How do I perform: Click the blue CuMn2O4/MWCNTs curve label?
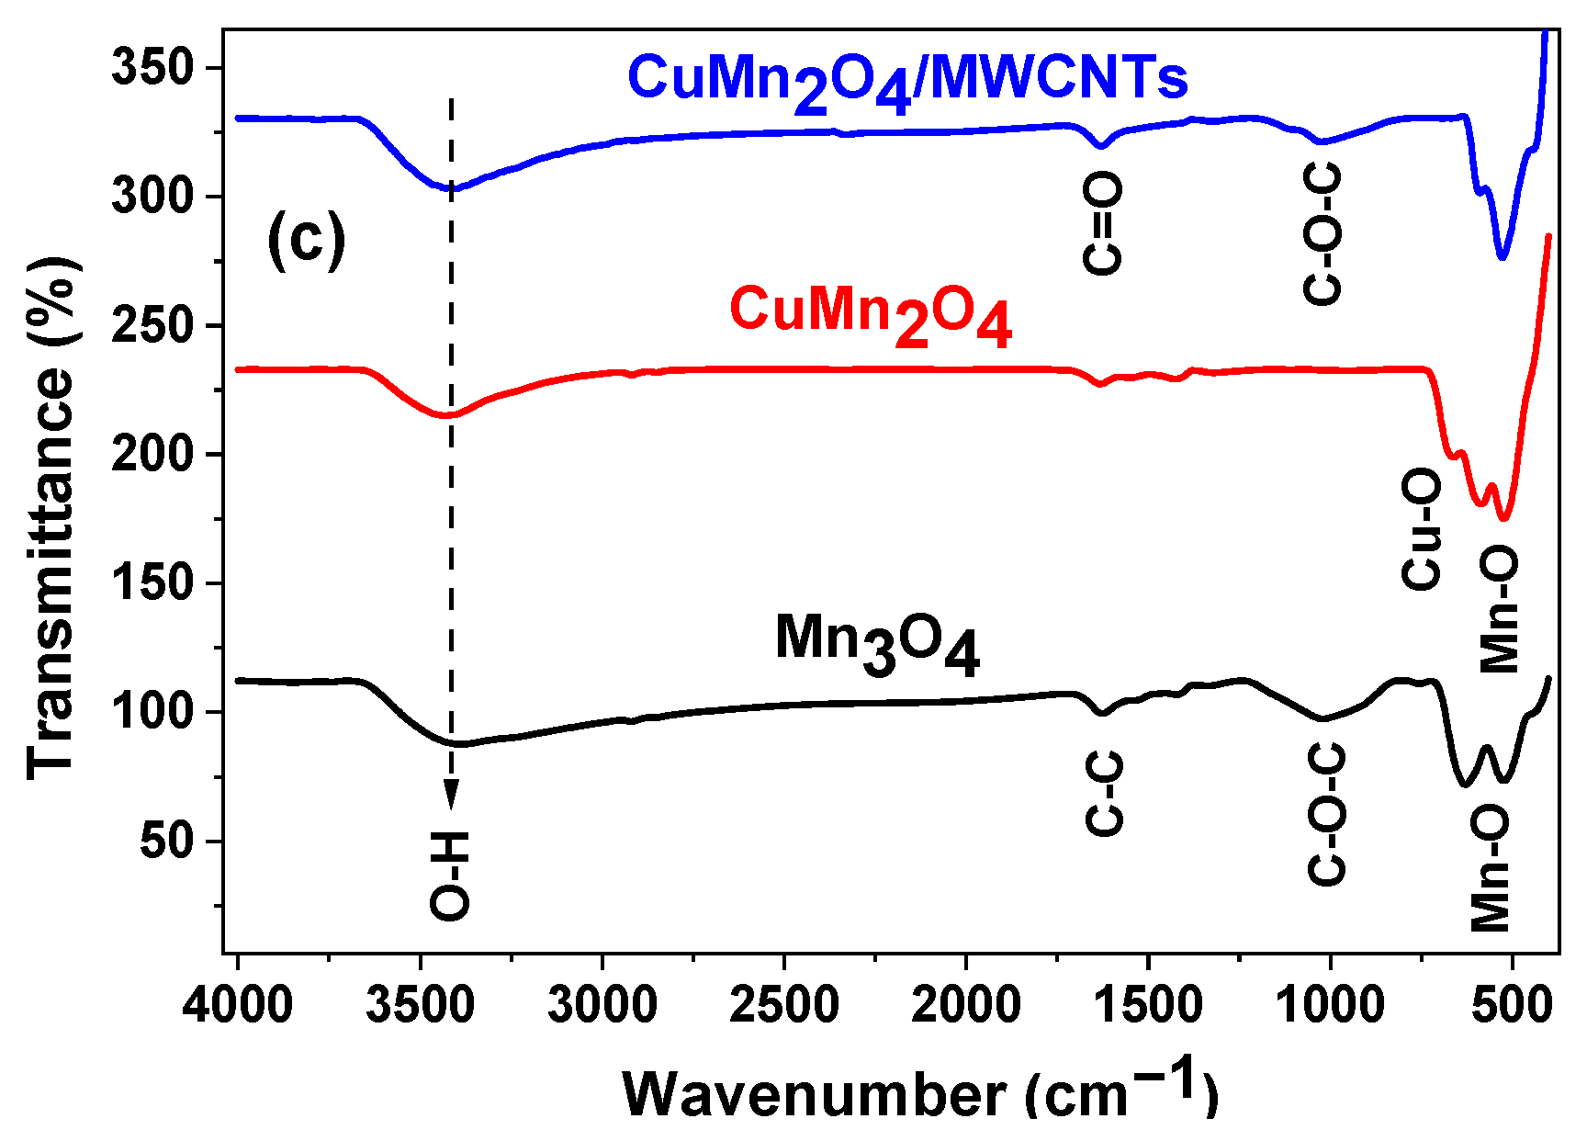tap(907, 81)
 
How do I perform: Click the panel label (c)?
tap(306, 239)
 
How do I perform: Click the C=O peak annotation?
tap(1102, 224)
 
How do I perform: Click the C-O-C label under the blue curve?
tap(1323, 233)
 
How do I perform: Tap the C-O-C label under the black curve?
tap(1326, 814)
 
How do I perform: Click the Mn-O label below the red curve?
tap(1499, 610)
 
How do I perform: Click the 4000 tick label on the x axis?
tap(237, 1004)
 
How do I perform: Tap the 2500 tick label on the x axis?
tap(783, 1004)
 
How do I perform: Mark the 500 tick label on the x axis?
tap(1512, 1004)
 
